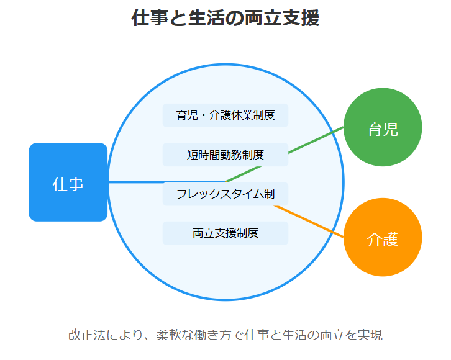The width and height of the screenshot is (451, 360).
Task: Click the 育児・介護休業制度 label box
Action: [225, 115]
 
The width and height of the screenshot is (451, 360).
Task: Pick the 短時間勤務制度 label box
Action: [225, 155]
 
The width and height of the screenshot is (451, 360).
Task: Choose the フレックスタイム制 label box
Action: [225, 194]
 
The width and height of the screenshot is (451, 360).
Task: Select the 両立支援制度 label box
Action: [225, 233]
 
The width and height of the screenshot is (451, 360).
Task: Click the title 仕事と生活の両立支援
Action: [225, 18]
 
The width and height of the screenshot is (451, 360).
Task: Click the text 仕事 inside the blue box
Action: [68, 184]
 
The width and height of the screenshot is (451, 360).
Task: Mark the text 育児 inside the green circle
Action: [383, 129]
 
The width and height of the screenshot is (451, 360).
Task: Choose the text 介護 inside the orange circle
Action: [383, 238]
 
